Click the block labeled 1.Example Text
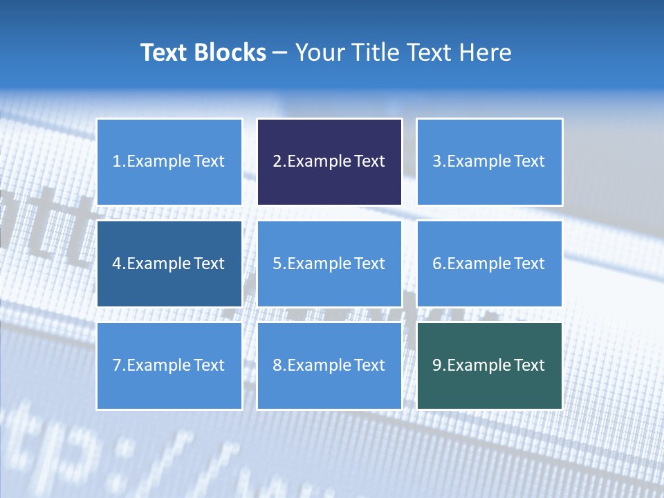(x=169, y=162)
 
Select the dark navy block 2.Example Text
(x=329, y=162)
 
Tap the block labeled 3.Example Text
(x=489, y=162)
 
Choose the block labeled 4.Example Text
(x=169, y=264)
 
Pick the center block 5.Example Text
(x=329, y=264)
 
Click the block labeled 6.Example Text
(x=489, y=264)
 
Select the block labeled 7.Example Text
(x=169, y=365)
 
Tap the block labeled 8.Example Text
(x=329, y=365)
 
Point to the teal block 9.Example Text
(x=489, y=365)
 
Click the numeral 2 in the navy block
(x=277, y=162)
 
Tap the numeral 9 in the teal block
(x=436, y=365)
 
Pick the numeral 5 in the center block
(x=277, y=264)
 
